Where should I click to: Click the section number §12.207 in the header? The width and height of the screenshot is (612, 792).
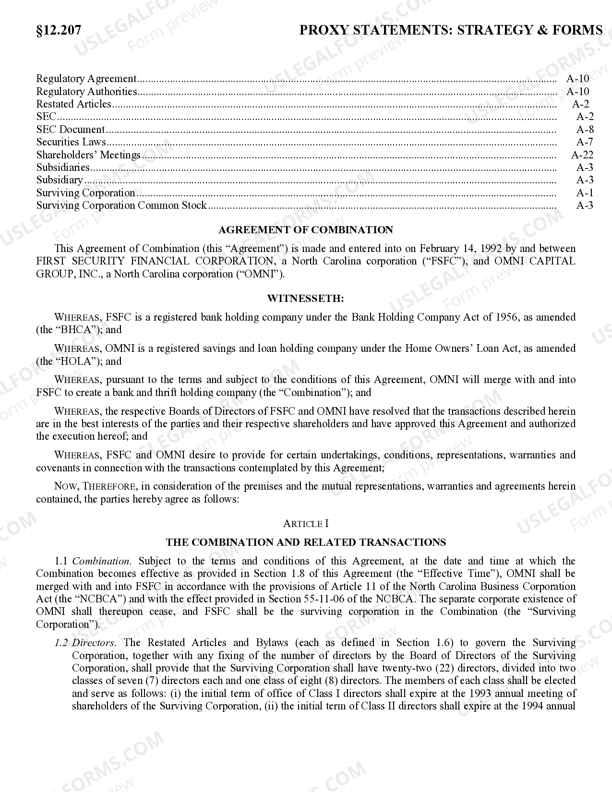click(x=59, y=30)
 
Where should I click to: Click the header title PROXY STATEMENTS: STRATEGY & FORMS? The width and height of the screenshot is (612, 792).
click(x=451, y=30)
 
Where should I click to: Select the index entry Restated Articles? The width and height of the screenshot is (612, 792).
click(x=73, y=104)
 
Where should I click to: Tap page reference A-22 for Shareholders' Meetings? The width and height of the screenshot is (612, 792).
click(x=582, y=155)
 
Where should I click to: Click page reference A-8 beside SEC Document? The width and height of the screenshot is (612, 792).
click(x=585, y=129)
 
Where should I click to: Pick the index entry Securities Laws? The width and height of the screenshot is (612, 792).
click(x=71, y=142)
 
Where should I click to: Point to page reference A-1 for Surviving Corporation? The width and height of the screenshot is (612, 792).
click(x=585, y=192)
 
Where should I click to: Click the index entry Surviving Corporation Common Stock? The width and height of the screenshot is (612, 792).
click(x=121, y=205)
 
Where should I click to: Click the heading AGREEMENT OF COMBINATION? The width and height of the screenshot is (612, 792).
click(x=306, y=230)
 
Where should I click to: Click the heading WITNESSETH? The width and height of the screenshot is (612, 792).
click(x=306, y=299)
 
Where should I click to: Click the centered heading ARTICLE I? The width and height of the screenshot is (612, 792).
click(x=306, y=524)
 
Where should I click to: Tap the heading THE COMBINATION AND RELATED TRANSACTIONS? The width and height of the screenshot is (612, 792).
click(x=306, y=542)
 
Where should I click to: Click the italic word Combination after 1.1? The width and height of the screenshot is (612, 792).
click(x=101, y=561)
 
